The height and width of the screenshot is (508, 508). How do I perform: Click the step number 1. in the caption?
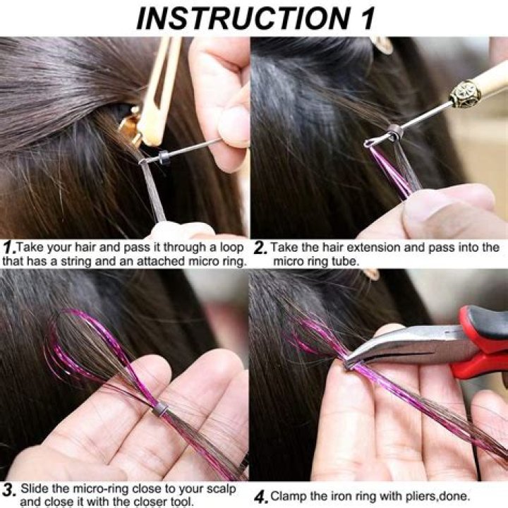coord(8,248)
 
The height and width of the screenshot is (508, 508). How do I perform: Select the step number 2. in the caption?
coord(260,248)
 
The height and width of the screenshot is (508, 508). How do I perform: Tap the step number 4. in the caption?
coord(260,496)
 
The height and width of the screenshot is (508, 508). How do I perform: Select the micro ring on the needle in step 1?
coord(164,158)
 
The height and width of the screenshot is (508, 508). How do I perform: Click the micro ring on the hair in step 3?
coord(160,407)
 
